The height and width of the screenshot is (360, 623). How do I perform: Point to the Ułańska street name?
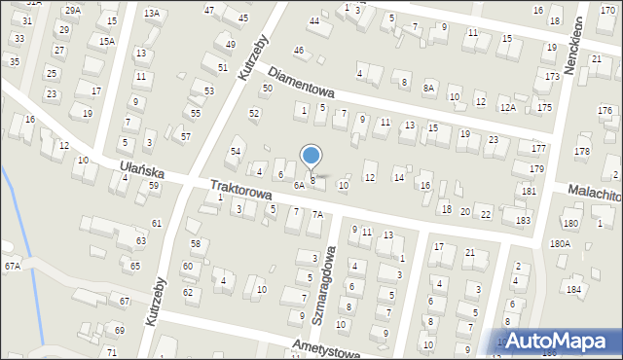(x=141, y=171)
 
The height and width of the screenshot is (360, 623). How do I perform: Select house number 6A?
(x=300, y=185)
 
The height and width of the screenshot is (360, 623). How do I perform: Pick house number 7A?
(x=316, y=214)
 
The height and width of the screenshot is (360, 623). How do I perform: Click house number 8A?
(x=428, y=87)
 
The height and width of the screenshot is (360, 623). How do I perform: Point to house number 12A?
(x=507, y=107)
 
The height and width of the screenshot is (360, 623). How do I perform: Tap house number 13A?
(x=151, y=14)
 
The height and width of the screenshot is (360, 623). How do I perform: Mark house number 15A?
(x=107, y=41)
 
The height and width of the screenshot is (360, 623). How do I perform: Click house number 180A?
(x=560, y=243)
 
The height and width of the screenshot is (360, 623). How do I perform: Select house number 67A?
(x=12, y=266)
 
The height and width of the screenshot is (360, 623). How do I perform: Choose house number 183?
(x=524, y=221)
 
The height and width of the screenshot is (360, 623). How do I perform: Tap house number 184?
(x=574, y=289)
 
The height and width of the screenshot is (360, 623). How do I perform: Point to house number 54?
(x=235, y=152)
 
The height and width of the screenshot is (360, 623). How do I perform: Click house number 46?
(x=299, y=50)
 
